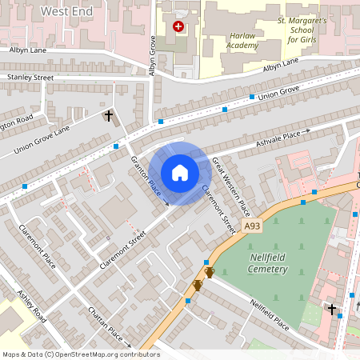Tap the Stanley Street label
point(30,78)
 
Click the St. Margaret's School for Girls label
point(302,30)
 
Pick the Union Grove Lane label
point(41,140)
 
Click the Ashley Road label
point(33,306)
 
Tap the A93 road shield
point(253,227)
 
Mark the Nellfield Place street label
point(269,314)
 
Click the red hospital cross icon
point(178,26)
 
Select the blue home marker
point(180,173)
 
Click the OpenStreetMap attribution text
point(81,354)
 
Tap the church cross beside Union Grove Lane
point(109,116)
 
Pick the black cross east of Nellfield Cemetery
point(331,308)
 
